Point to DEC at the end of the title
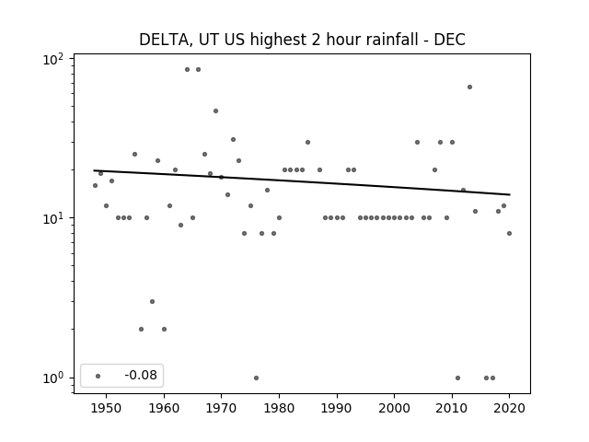pyautogui.click(x=450, y=40)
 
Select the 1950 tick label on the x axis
pyautogui.click(x=107, y=408)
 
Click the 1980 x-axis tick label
pyautogui.click(x=279, y=408)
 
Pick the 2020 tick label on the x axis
pyautogui.click(x=509, y=408)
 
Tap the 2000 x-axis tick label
pyautogui.click(x=394, y=408)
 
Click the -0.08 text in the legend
pyautogui.click(x=141, y=375)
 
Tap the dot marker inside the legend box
pyautogui.click(x=98, y=376)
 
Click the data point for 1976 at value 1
pyautogui.click(x=256, y=378)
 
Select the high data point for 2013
pyautogui.click(x=469, y=87)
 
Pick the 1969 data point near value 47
pyautogui.click(x=215, y=110)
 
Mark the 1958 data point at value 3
pyautogui.click(x=152, y=301)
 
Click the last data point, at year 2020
pyautogui.click(x=509, y=233)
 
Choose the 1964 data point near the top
pyautogui.click(x=187, y=70)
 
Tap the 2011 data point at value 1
pyautogui.click(x=457, y=378)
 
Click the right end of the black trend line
pyautogui.click(x=510, y=194)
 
